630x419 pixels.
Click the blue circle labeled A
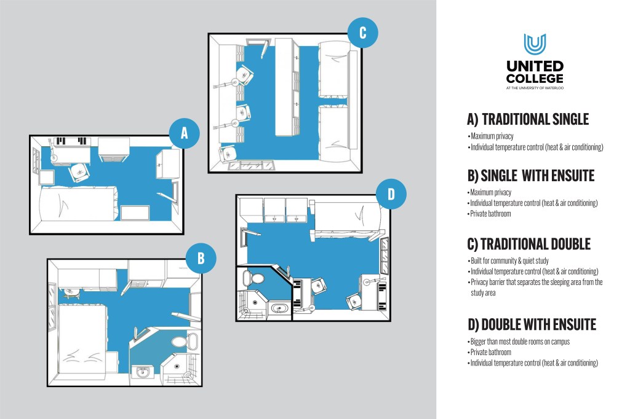(x=185, y=133)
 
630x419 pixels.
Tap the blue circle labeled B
(x=201, y=259)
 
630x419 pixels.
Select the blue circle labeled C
(x=363, y=32)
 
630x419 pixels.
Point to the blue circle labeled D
(x=391, y=194)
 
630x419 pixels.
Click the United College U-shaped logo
(x=535, y=44)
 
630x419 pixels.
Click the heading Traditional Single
(x=528, y=119)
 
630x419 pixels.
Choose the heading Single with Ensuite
(x=531, y=176)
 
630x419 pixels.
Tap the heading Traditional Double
(x=528, y=244)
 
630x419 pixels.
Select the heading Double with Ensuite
(x=532, y=324)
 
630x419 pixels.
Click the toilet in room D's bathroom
(x=253, y=278)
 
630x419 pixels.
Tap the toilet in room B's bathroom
(x=185, y=342)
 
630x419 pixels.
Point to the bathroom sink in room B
(x=143, y=372)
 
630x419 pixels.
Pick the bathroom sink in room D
(x=279, y=308)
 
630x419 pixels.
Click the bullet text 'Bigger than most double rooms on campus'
(x=520, y=342)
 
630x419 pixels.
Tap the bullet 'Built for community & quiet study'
(x=509, y=261)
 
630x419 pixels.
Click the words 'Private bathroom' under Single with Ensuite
(x=490, y=214)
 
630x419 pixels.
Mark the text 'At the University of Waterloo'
(x=535, y=88)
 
